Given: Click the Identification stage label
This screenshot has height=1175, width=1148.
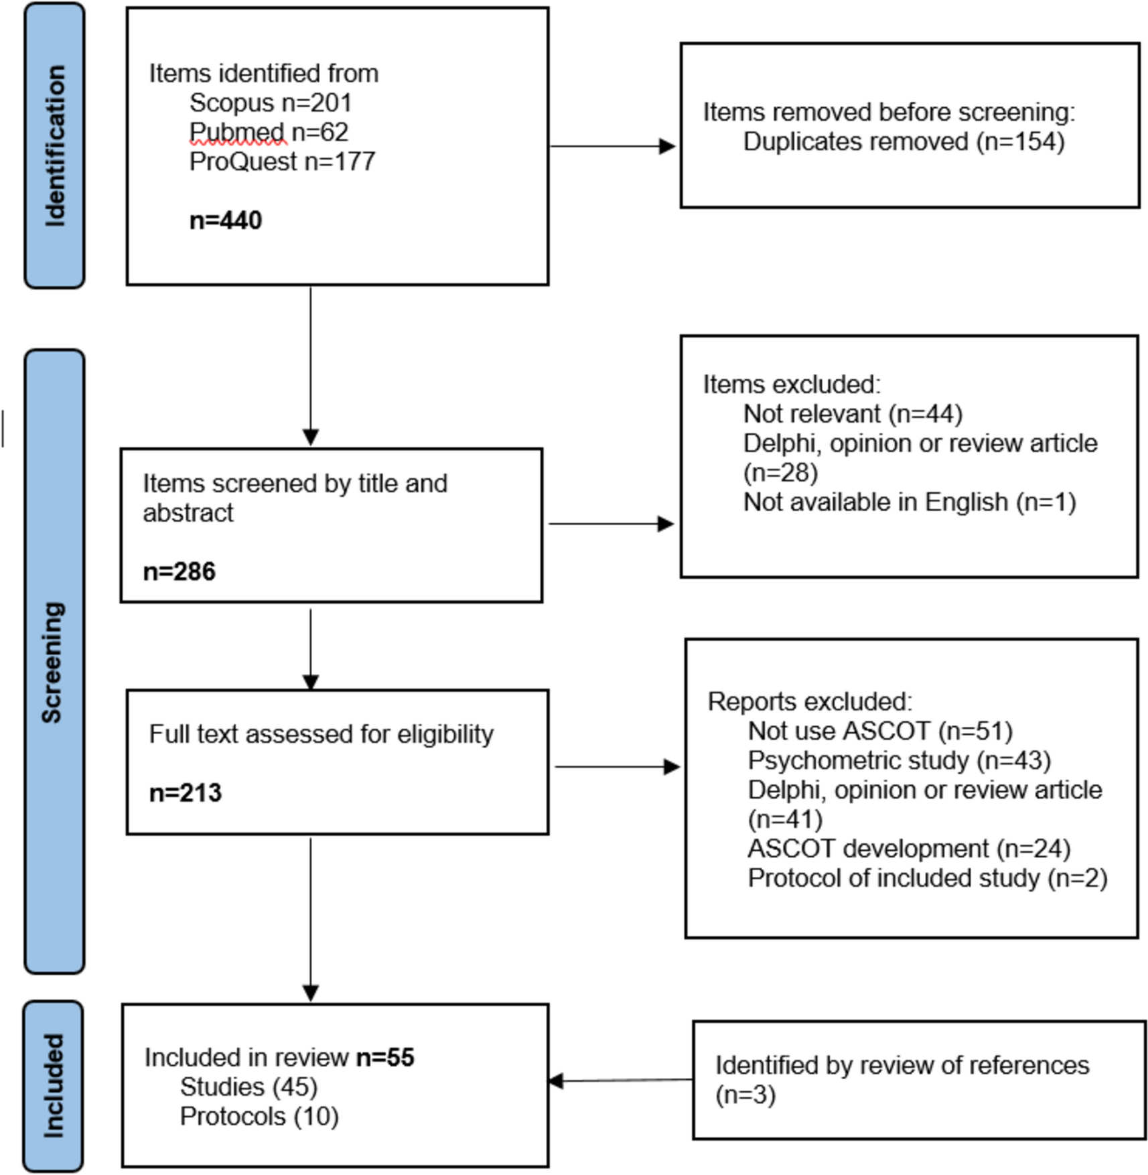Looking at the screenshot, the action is tap(55, 146).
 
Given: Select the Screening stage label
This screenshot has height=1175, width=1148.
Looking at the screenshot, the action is tap(54, 662).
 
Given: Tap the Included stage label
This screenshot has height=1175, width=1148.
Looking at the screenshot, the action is tap(54, 1085).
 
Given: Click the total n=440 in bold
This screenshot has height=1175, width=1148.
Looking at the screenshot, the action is tap(226, 220).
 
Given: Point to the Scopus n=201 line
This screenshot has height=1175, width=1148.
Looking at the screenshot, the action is tap(271, 102).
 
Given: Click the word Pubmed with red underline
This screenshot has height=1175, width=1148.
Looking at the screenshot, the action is tap(237, 132).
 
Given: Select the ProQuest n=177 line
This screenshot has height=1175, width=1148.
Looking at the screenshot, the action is tap(282, 161).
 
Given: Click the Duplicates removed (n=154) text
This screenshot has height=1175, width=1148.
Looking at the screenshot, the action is tap(904, 141).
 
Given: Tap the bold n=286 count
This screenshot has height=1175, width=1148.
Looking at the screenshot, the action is tap(180, 571).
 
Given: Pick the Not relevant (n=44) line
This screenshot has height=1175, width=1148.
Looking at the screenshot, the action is tap(853, 414).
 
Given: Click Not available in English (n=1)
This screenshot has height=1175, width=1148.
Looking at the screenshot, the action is tap(910, 502).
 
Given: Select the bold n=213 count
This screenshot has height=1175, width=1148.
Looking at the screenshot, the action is tap(186, 792).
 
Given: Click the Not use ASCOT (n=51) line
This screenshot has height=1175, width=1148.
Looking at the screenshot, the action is tap(880, 731).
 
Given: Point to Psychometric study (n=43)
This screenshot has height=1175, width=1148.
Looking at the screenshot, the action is tap(900, 760).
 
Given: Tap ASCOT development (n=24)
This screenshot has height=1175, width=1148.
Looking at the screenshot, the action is tap(909, 849).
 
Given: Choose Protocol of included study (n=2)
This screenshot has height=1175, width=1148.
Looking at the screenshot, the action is tap(928, 878).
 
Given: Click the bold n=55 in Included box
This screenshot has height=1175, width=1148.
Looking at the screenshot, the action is tap(385, 1057).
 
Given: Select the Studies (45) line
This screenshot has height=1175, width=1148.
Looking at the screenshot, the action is tap(248, 1087).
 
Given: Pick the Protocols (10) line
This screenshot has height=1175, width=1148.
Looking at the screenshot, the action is tap(259, 1116).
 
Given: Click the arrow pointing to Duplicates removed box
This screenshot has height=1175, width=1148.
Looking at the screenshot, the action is tap(612, 146).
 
